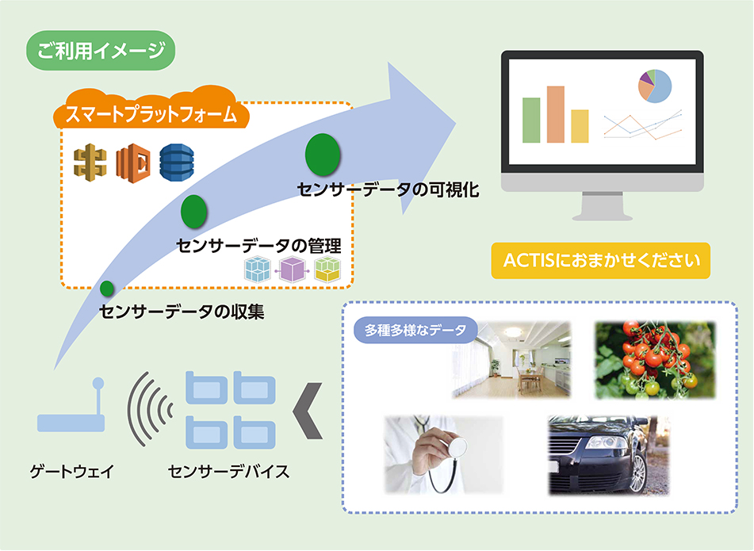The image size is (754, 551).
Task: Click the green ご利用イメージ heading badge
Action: point(101,51)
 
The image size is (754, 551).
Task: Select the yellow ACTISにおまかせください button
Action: point(601,261)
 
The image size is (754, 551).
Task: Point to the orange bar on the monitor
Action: point(556,114)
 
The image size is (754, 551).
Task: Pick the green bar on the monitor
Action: point(531,121)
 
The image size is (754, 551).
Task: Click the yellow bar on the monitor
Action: point(580,126)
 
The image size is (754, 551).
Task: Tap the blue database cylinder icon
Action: point(177,163)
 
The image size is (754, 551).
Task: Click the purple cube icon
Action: point(293,270)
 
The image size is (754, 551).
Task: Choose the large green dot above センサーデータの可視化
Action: point(323,155)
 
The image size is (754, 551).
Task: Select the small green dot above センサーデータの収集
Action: point(107,289)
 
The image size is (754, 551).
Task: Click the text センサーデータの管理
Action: point(258,246)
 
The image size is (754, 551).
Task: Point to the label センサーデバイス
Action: point(229,471)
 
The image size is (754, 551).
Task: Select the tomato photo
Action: point(655,361)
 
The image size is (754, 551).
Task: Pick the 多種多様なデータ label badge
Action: point(415,330)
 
